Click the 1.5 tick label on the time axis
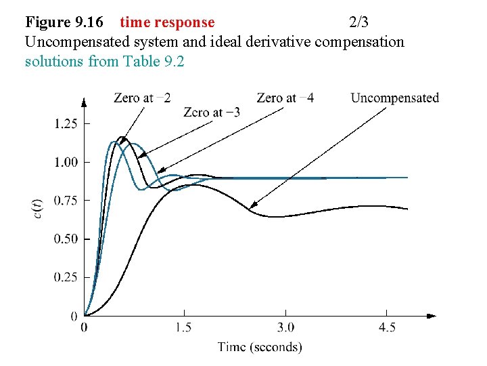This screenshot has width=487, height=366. (184, 328)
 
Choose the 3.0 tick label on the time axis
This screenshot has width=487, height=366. (285, 328)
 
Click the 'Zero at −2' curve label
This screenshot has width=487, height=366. (142, 98)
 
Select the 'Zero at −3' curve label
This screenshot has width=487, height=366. (212, 113)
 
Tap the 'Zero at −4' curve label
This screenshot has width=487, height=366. (285, 98)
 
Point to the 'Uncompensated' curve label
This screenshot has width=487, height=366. (394, 98)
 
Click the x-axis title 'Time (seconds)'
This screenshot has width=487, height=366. (260, 347)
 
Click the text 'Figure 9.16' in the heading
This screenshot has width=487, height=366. (64, 22)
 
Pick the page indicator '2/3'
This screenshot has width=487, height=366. (358, 22)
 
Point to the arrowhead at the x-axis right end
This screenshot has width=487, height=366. (432, 316)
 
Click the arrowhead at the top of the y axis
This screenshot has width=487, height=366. (84, 102)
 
